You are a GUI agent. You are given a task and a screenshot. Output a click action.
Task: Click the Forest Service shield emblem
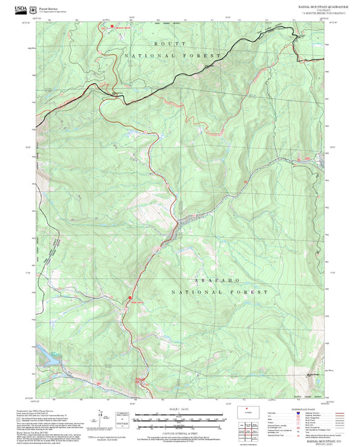[x=34, y=9]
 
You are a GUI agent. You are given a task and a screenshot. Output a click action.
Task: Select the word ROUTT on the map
[x=164, y=43]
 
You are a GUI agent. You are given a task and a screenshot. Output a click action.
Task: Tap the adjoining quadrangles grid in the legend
[x=253, y=428]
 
